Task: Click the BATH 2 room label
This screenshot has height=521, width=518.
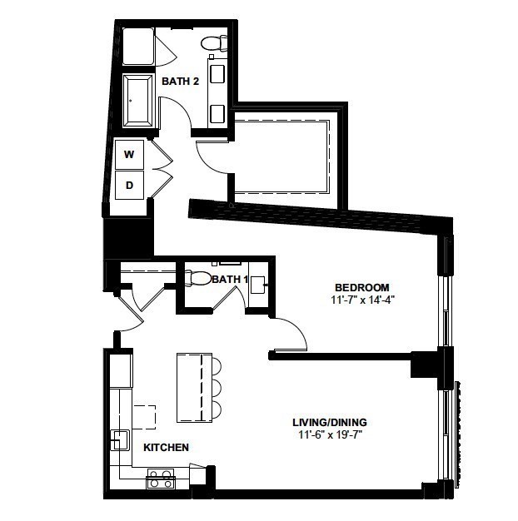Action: (x=180, y=81)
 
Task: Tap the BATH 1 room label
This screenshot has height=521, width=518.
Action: (x=230, y=280)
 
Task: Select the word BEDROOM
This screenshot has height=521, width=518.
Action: (x=362, y=287)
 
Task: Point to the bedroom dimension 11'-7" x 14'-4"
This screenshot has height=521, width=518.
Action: (x=362, y=300)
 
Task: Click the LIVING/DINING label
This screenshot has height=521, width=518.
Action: (x=330, y=422)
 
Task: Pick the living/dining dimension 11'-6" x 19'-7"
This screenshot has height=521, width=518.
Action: (x=330, y=434)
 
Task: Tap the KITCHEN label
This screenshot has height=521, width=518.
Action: (x=167, y=447)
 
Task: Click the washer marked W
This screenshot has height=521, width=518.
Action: (x=129, y=155)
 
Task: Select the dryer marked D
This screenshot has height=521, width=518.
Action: (x=129, y=185)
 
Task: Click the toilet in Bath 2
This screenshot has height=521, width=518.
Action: (x=214, y=43)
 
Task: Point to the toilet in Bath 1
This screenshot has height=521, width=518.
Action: (x=198, y=278)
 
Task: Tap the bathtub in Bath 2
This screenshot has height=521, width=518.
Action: (x=137, y=101)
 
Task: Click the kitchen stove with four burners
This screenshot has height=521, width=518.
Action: (x=161, y=479)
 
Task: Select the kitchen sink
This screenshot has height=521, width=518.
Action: (x=120, y=440)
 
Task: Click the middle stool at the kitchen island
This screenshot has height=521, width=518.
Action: (x=217, y=388)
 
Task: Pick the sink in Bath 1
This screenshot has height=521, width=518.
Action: (x=257, y=285)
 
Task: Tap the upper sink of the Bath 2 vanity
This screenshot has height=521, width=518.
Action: (x=217, y=74)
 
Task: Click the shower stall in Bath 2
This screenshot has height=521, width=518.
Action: (x=138, y=46)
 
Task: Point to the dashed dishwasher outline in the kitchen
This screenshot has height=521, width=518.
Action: (x=144, y=417)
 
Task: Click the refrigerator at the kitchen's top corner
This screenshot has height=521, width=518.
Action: (x=121, y=371)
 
